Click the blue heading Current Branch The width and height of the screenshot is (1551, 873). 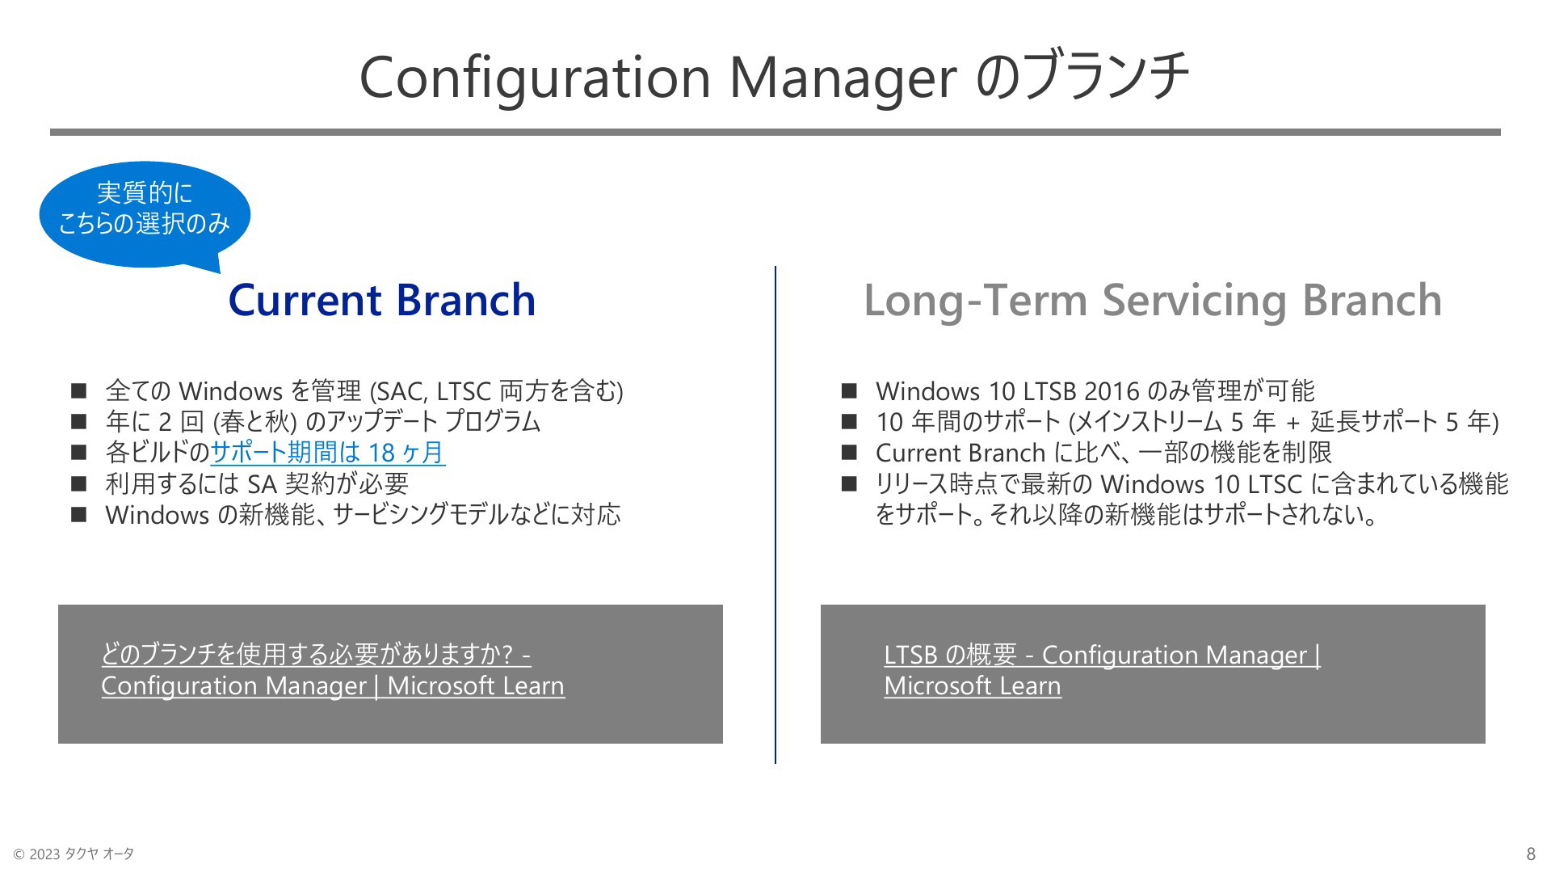click(x=382, y=300)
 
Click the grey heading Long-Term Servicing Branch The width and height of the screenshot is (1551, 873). click(x=1153, y=301)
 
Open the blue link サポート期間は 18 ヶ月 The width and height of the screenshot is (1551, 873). click(x=327, y=453)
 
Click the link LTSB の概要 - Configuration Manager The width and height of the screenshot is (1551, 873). click(x=1102, y=655)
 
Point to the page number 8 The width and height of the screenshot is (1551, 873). click(x=1531, y=854)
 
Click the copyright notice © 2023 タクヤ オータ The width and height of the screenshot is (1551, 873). click(x=74, y=854)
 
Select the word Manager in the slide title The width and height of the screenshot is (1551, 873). click(x=843, y=78)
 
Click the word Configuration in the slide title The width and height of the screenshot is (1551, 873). click(x=535, y=78)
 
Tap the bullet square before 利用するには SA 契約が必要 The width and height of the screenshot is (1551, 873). click(x=78, y=483)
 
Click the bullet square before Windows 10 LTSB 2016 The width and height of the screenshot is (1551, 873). click(x=848, y=391)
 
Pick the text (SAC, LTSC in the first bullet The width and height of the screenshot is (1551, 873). click(x=431, y=392)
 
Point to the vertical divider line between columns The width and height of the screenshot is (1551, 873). click(x=775, y=514)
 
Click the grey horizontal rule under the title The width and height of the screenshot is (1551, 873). click(x=775, y=132)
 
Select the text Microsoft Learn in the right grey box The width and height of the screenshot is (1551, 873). click(x=973, y=686)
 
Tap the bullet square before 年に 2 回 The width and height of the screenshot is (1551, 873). click(x=78, y=422)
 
